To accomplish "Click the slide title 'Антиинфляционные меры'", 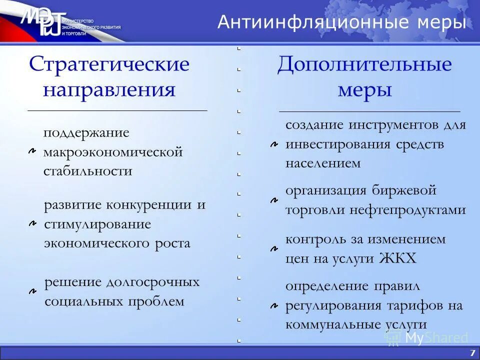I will pos(341,22).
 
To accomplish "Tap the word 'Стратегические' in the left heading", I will pos(109,64).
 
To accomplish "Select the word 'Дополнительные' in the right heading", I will pos(364,64).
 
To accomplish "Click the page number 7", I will pos(472,353).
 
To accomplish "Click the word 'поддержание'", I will pos(86,133).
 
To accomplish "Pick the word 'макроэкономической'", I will pos(113,152).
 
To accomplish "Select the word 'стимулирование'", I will pos(97,224).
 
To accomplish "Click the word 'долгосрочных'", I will pos(152,282).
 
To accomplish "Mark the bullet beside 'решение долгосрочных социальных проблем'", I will pos(32,291).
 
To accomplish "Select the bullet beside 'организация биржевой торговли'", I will pos(274,200).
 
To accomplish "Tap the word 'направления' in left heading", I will pos(109,90).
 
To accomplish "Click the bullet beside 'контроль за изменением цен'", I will pos(274,248).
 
